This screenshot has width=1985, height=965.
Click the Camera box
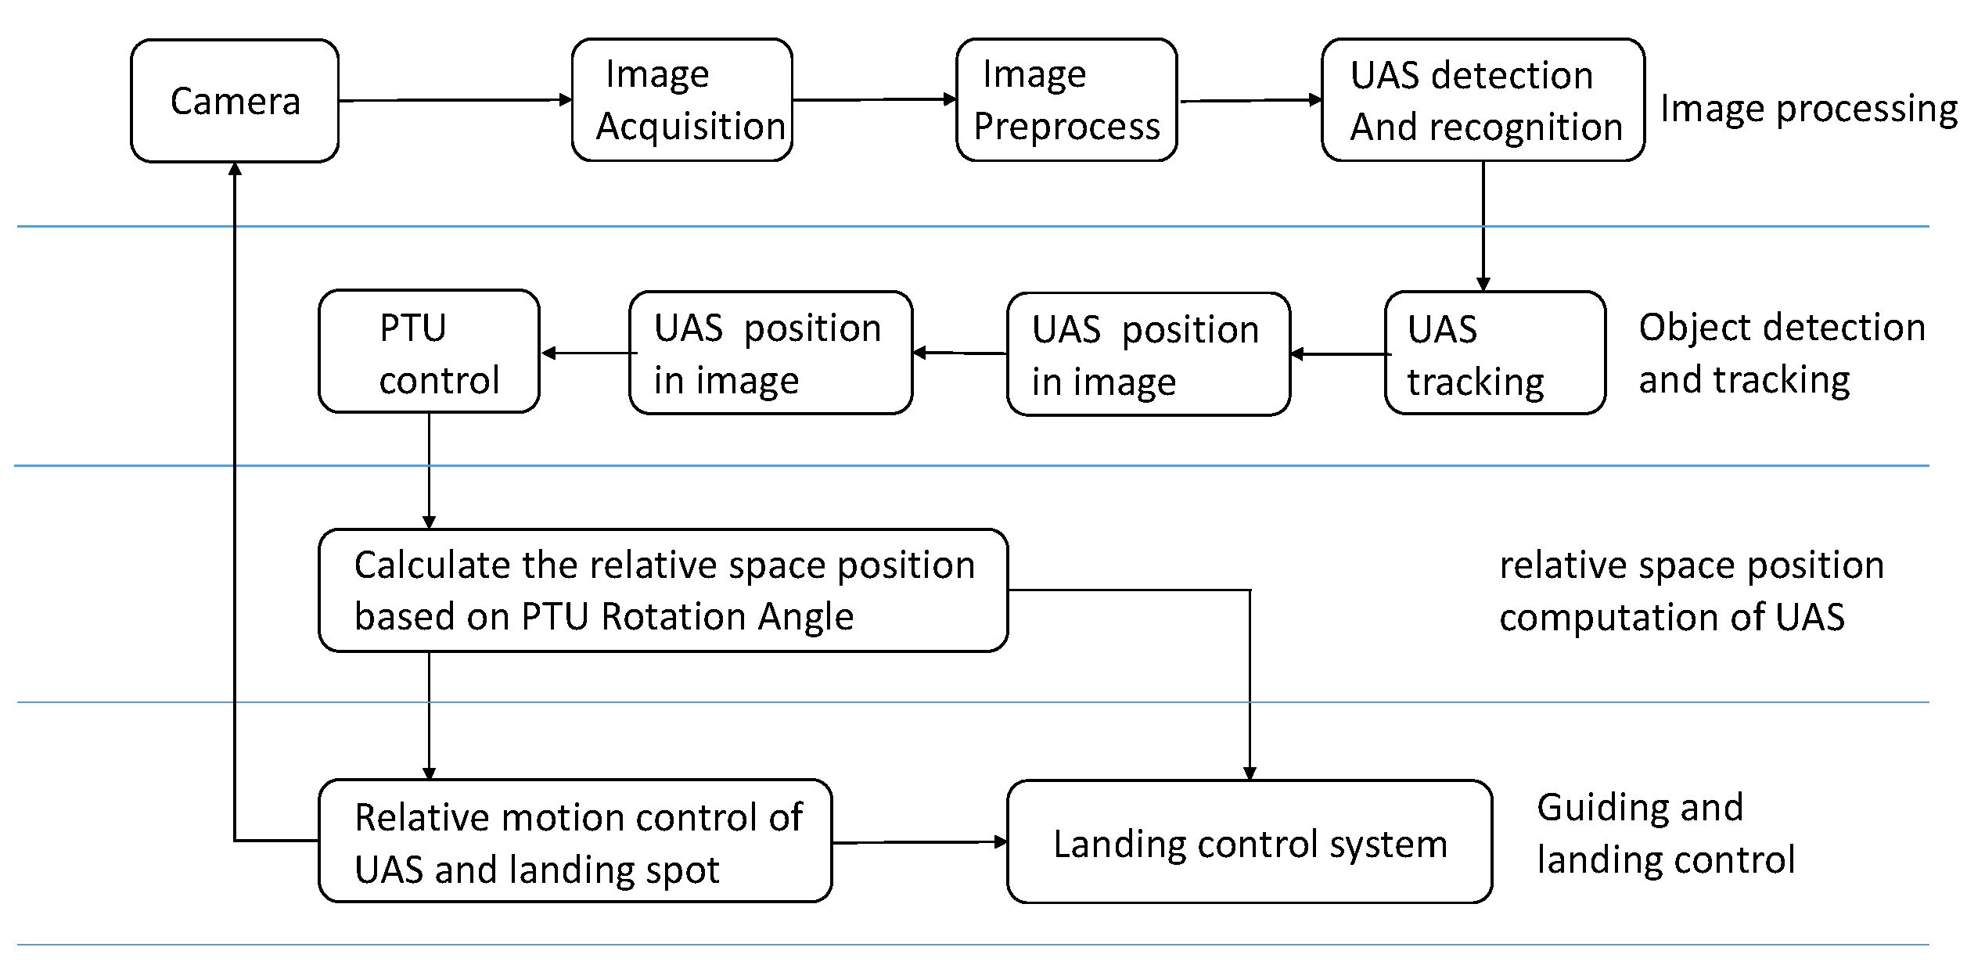(235, 101)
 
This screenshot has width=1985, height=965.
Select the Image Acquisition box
(681, 100)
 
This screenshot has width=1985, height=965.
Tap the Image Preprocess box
(1066, 100)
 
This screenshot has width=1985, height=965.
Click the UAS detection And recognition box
(1483, 100)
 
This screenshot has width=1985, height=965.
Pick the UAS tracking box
(1494, 353)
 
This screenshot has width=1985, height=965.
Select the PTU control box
(429, 352)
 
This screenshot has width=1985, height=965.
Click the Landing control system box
(1250, 842)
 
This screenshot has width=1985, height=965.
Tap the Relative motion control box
(575, 841)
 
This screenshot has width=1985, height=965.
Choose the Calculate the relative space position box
(663, 590)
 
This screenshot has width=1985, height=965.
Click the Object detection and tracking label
(1782, 353)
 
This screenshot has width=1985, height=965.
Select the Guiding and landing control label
(1665, 834)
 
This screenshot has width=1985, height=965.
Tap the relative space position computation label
(1691, 590)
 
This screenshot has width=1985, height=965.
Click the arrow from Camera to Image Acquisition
(454, 100)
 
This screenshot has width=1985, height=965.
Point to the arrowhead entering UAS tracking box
(1483, 285)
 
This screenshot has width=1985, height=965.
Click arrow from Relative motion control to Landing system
(919, 842)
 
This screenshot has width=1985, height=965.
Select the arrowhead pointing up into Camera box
(235, 169)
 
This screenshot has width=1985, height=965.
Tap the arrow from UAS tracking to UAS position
(1338, 354)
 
